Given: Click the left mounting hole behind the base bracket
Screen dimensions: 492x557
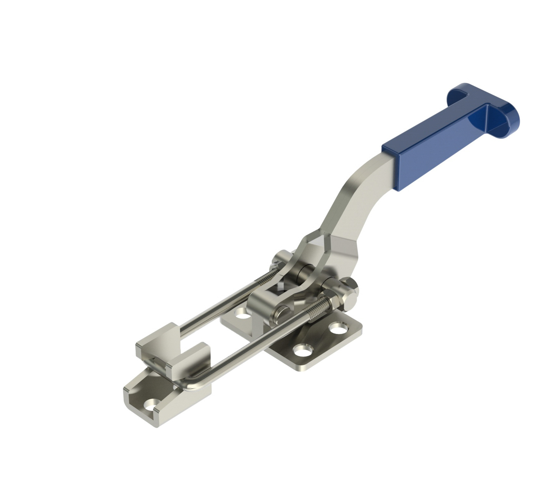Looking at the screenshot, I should click(242, 316).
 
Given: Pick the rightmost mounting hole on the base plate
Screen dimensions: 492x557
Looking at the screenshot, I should click(338, 328).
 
